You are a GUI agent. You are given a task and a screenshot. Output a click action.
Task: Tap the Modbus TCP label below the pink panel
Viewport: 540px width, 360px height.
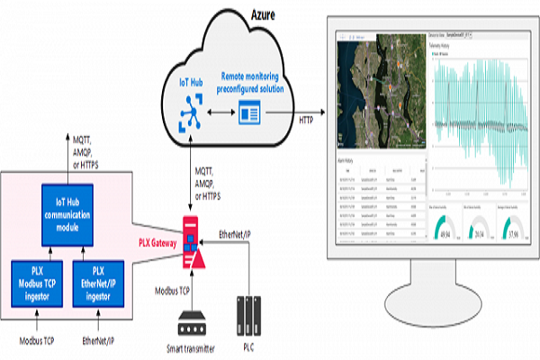pos(39,342)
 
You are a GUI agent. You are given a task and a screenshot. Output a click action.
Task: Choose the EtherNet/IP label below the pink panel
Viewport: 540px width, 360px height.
pos(101,342)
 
